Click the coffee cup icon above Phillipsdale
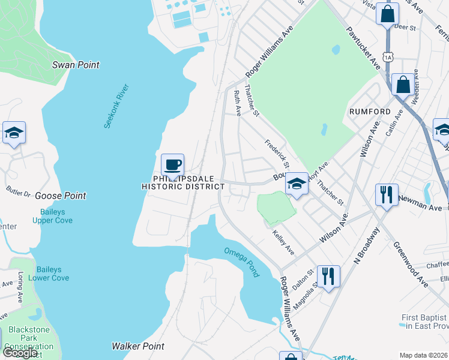(x=172, y=164)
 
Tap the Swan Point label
(x=76, y=65)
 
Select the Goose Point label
(x=60, y=196)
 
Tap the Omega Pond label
(x=243, y=262)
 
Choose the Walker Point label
(x=138, y=346)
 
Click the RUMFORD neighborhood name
(x=370, y=112)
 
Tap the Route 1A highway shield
(x=389, y=57)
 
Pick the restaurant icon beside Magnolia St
(x=328, y=277)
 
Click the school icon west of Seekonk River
(x=14, y=133)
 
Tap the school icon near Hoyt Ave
(x=297, y=184)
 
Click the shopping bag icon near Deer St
(x=388, y=13)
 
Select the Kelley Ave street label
(x=283, y=240)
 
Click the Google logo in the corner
(x=20, y=353)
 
